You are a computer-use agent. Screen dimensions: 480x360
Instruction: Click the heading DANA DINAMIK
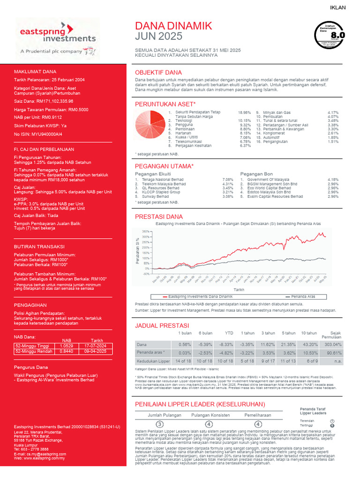click(x=173, y=26)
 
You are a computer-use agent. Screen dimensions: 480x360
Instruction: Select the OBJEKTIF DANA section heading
click(x=158, y=73)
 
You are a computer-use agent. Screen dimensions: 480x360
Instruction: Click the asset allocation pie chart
click(x=149, y=124)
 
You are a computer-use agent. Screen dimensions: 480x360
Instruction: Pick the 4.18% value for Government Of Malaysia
click(x=333, y=180)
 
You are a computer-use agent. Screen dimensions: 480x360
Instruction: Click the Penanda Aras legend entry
click(x=302, y=297)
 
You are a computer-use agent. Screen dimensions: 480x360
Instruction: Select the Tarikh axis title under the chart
click(x=239, y=290)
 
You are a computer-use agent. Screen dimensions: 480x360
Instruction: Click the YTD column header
click(x=229, y=333)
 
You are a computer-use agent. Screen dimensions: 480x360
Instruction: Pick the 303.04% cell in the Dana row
click(x=333, y=344)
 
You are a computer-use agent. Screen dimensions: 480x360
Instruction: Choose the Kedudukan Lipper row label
click(x=153, y=361)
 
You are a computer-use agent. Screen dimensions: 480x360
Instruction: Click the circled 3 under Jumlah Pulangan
click(x=159, y=424)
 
